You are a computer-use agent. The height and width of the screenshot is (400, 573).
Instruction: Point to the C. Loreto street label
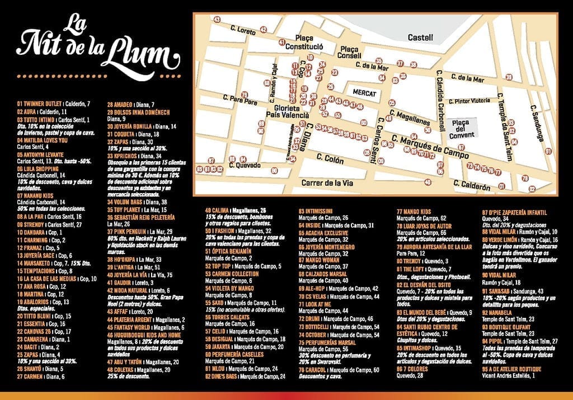(x=242, y=29)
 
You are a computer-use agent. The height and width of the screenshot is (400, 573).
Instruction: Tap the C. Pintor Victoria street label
(x=472, y=101)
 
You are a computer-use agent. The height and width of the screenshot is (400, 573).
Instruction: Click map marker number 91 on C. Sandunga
(x=549, y=151)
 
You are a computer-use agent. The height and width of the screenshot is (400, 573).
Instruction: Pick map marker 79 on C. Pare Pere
(x=244, y=95)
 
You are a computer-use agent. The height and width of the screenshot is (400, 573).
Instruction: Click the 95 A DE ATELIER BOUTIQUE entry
(x=512, y=369)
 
